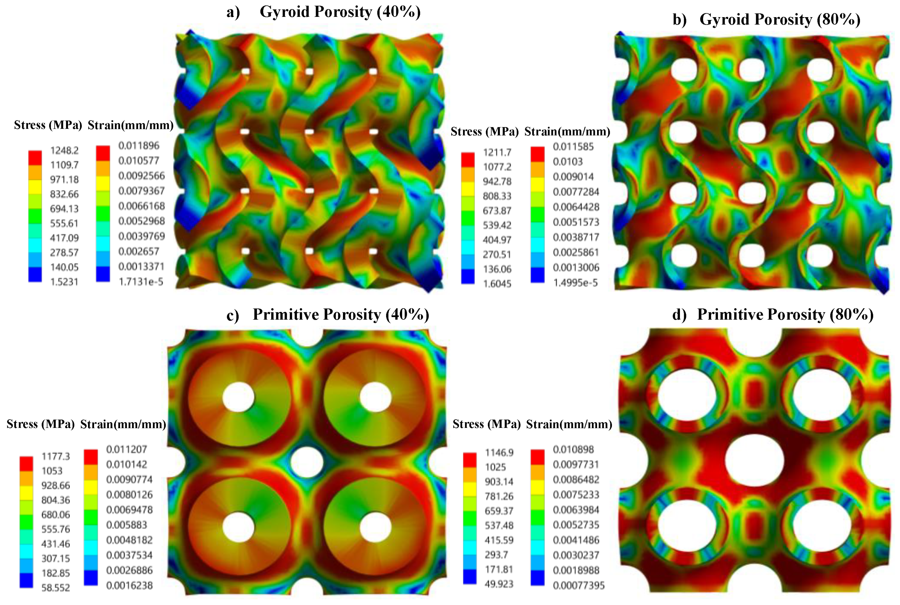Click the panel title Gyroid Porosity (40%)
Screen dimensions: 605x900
coord(339,12)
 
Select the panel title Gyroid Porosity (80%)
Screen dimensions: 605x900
coord(780,19)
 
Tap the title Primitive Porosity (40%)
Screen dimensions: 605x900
coord(340,315)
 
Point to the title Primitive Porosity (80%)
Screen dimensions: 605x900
coord(785,315)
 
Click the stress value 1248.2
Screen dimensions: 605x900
coord(64,150)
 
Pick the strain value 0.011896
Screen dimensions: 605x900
coord(138,146)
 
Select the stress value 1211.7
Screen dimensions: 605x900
coord(497,152)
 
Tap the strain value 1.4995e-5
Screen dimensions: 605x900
coord(575,283)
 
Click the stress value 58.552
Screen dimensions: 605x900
coord(56,588)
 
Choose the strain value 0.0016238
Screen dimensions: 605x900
coord(129,586)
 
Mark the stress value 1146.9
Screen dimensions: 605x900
coord(499,453)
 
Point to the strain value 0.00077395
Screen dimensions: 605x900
coord(579,586)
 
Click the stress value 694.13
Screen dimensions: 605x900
coord(64,209)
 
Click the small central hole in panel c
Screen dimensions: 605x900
coord(307,462)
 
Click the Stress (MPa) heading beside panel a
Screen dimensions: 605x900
coord(48,125)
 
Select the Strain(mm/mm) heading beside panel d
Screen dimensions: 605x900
coord(569,424)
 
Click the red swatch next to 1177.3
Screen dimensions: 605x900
coord(26,463)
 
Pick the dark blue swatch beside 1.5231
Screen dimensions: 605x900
coord(35,274)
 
